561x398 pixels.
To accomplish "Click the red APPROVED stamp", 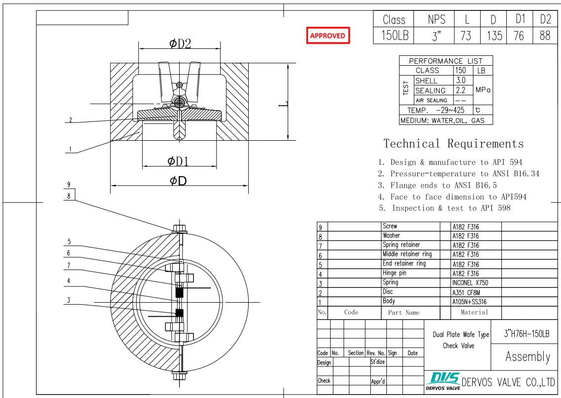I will coord(328,36).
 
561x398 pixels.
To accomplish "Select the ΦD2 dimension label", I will coord(180,43).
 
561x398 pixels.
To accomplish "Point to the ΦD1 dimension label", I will coord(178,161).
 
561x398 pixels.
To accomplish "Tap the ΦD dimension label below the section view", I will coord(178,181).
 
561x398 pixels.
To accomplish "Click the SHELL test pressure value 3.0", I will coord(461,80).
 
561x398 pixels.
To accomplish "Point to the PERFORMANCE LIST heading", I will coord(446,61).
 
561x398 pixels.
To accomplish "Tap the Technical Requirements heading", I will coord(453,144).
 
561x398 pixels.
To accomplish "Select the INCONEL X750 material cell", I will coord(469,283).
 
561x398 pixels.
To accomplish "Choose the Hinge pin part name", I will coord(394,273).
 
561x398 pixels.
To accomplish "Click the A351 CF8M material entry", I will coord(466,292).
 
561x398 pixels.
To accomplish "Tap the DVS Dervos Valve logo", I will coord(443,381).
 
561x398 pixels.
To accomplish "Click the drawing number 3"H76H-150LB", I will coord(526,334).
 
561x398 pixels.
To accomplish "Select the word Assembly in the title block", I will coord(527,357).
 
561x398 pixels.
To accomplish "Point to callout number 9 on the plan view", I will coord(69,185).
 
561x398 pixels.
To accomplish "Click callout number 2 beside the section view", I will coord(71,120).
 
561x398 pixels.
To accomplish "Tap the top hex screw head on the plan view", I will coord(179,229).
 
